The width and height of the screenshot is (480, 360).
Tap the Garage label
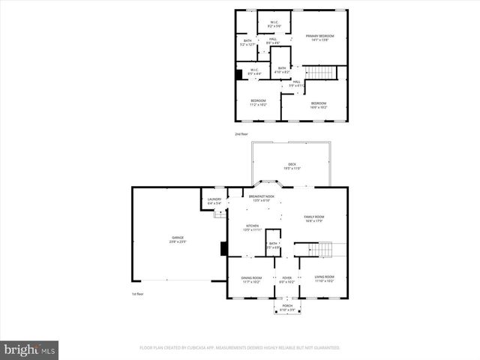[x=177, y=239]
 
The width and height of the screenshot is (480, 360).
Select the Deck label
[x=292, y=166]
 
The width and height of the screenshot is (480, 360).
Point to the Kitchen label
[x=253, y=228]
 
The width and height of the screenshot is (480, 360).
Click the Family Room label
[x=313, y=218]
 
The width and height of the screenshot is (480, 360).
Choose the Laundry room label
[x=214, y=201]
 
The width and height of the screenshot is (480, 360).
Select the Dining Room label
[x=251, y=279]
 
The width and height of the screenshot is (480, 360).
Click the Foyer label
[x=286, y=279]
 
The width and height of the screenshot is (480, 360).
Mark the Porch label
[x=286, y=307]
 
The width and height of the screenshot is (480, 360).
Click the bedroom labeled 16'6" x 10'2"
[x=319, y=105]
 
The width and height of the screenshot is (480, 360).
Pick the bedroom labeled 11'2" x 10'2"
[x=258, y=103]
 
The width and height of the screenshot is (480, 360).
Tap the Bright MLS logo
[x=30, y=349]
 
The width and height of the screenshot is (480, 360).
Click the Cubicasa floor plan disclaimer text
[x=240, y=348]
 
